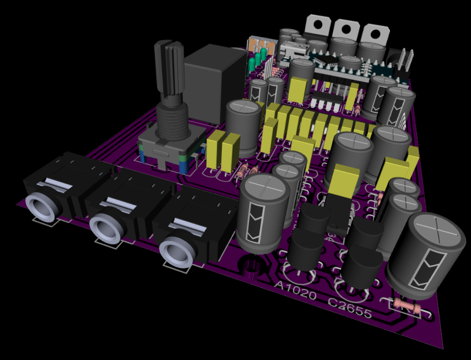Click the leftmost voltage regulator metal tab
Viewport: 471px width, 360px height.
tap(318, 25)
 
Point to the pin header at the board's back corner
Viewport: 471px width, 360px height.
tap(405, 61)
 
